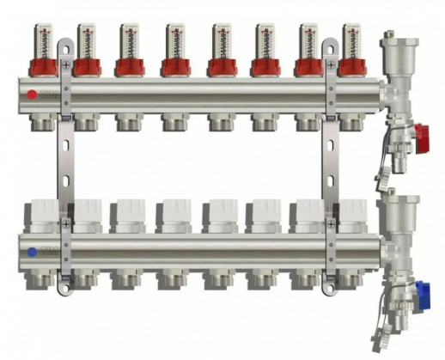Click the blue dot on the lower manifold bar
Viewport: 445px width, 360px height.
pos(31,253)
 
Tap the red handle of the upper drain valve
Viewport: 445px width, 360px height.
pos(420,132)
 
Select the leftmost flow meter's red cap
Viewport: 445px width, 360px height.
pos(40,64)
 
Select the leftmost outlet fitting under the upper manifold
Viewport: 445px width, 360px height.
pos(40,122)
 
